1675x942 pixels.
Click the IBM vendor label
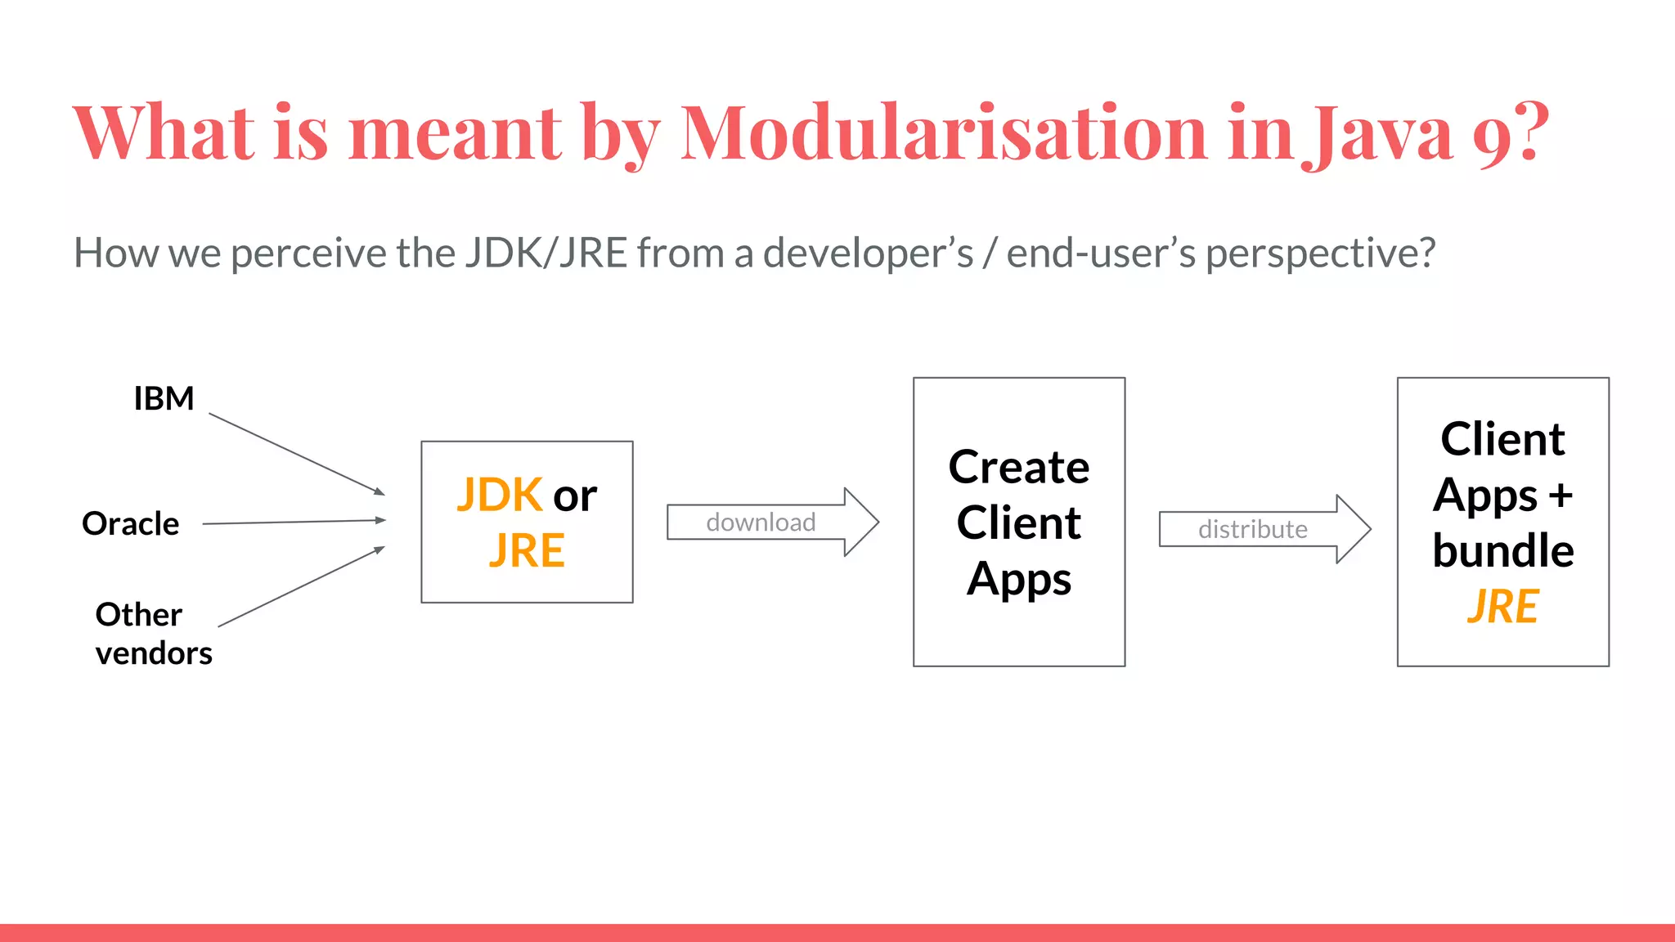[x=164, y=399]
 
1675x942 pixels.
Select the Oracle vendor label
[x=130, y=523]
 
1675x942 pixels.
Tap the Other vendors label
[x=153, y=634]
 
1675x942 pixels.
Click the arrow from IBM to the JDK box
[x=296, y=454]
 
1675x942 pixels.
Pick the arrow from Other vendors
[x=301, y=586]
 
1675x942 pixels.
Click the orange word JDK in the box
[x=499, y=495]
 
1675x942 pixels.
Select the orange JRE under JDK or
[x=527, y=550]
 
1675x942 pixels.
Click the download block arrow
[x=772, y=522]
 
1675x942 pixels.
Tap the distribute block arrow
[x=1264, y=529]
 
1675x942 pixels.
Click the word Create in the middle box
[x=1018, y=468]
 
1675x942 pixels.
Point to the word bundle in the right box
[x=1502, y=550]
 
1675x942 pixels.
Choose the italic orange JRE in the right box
[x=1502, y=607]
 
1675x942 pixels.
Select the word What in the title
[x=164, y=132]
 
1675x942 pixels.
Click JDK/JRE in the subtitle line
[x=546, y=253]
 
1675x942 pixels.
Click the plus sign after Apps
[x=1560, y=496]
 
